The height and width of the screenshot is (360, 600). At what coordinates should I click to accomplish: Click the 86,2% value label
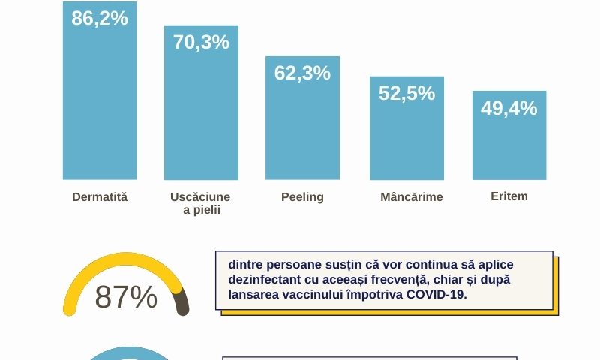coord(100,18)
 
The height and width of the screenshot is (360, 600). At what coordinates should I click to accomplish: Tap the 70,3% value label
coord(201,42)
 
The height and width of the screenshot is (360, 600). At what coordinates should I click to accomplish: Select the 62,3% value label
coord(302,73)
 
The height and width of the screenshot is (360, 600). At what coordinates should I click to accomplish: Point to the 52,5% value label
coord(406,93)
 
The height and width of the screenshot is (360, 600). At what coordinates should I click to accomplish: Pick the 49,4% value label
coord(509,108)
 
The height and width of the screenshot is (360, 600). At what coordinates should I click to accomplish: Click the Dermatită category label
coord(100,197)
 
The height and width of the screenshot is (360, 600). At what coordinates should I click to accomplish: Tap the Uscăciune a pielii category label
coord(200,203)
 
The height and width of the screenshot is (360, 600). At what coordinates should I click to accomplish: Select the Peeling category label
coord(302,197)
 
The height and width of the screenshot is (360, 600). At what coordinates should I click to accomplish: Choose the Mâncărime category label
coord(411,196)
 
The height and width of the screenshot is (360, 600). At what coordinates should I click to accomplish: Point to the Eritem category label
coord(509,196)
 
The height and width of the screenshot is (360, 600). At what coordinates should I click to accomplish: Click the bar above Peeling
coord(302,118)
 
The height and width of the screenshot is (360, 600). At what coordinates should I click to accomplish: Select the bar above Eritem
coord(509,135)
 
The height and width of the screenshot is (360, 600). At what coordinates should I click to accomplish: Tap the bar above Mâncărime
coord(406,128)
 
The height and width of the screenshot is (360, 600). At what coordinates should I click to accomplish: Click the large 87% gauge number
coord(126,297)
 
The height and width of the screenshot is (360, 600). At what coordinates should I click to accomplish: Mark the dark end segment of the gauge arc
coord(181,301)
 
